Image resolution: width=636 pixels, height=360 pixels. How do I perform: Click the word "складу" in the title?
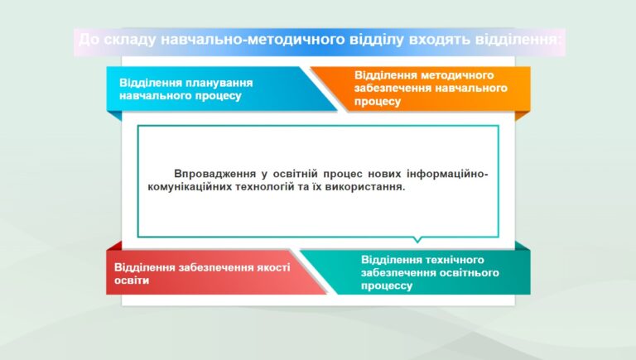click(x=130, y=40)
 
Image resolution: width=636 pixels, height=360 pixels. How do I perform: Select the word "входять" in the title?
click(x=440, y=40)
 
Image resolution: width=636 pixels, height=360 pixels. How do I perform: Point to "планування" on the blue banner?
click(x=219, y=84)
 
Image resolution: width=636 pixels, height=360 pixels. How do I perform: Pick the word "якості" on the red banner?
click(x=273, y=267)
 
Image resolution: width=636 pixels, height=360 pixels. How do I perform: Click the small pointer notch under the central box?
click(x=417, y=240)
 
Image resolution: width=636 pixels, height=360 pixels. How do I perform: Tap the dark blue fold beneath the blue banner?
click(x=114, y=116)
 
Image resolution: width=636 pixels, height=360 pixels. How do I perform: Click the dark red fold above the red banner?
click(x=114, y=245)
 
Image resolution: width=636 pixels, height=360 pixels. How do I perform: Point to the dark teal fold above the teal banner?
click(x=523, y=245)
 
